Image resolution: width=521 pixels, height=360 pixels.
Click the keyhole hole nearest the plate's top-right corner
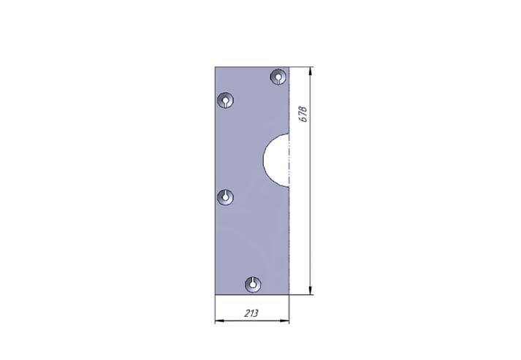[x=278, y=77]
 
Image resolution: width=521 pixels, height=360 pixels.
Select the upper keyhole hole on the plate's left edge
[x=225, y=100]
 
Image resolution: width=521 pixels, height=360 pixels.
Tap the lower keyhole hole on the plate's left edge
[x=225, y=198]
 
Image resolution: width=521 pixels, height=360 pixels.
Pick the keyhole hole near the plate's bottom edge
[x=253, y=285]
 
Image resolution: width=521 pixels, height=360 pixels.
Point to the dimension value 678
[x=304, y=114]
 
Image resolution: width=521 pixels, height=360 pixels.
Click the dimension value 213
[x=251, y=313]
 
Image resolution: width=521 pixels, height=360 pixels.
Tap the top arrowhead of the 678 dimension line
[x=311, y=71]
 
